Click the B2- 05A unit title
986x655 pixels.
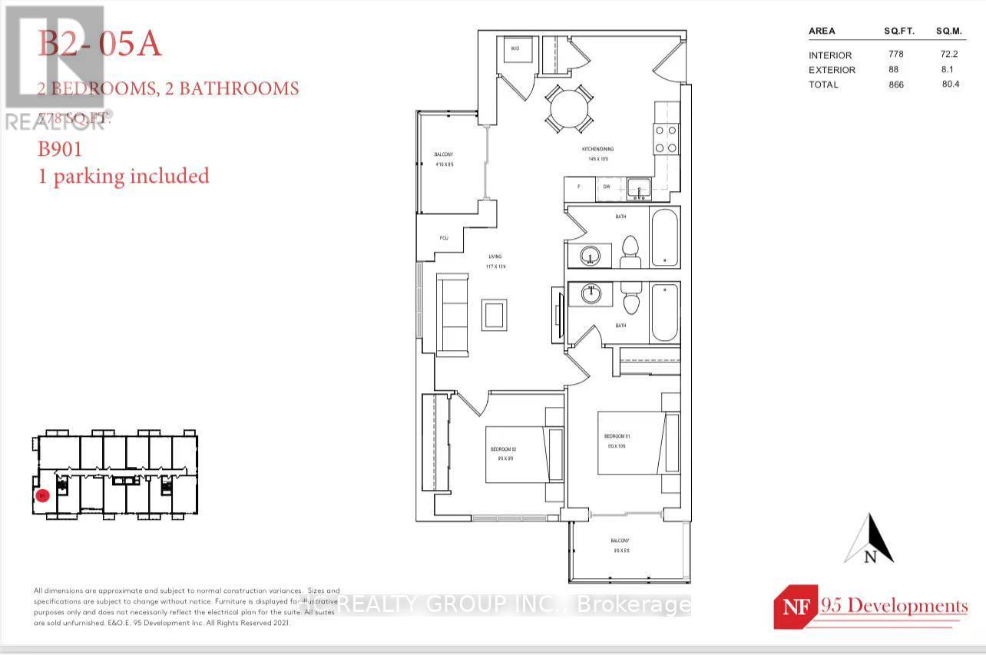[100, 45]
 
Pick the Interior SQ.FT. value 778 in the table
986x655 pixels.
[895, 55]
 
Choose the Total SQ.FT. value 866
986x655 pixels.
[895, 84]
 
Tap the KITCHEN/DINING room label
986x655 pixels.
[597, 149]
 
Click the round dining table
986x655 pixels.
[568, 109]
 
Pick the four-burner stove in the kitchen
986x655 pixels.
[665, 139]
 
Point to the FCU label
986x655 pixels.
[444, 238]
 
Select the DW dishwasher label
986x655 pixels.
[605, 187]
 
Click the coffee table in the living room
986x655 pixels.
[494, 315]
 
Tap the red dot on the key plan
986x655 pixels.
[43, 496]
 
